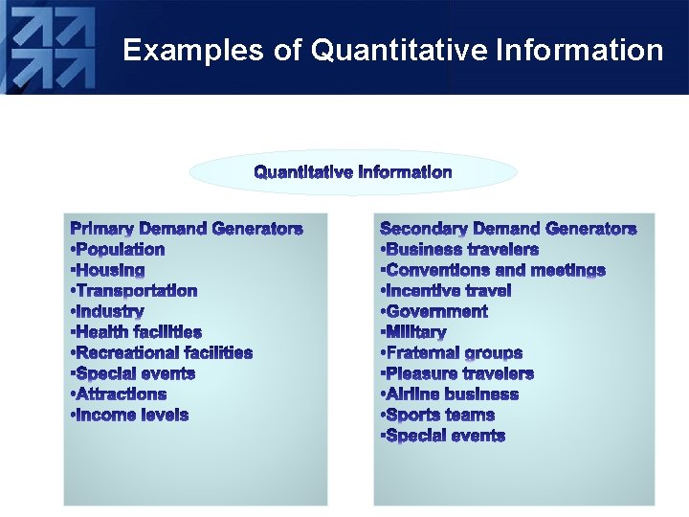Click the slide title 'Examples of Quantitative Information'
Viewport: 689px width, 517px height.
coord(392,50)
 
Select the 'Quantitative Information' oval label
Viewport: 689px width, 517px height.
coord(353,172)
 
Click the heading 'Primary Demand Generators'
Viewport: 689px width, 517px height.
coord(187,229)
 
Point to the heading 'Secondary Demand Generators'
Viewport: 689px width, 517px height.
coord(507,229)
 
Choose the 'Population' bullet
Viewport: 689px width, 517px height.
coord(119,250)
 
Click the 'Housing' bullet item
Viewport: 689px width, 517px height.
coord(109,271)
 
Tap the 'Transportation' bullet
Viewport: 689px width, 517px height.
coord(135,291)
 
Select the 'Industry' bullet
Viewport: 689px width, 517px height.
coord(108,312)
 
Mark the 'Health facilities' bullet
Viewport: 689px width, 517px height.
coord(137,332)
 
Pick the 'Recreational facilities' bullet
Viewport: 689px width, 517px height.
coord(162,353)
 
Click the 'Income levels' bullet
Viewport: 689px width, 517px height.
coord(130,416)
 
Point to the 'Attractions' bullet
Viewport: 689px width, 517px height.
coord(120,394)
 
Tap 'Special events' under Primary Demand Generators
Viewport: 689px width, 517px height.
coord(134,373)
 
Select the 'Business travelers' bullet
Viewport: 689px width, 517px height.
coord(459,250)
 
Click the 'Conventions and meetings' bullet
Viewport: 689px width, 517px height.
coord(493,271)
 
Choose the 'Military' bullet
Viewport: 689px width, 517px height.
coord(414,332)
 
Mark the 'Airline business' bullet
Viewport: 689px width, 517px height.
coord(450,394)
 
